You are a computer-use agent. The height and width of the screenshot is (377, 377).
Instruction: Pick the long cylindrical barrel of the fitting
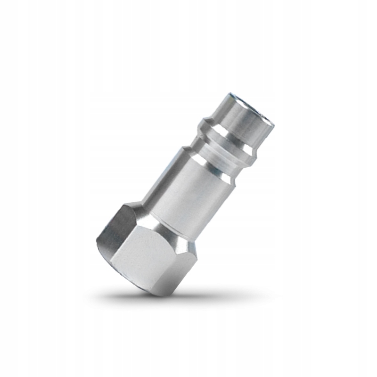tap(188, 188)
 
